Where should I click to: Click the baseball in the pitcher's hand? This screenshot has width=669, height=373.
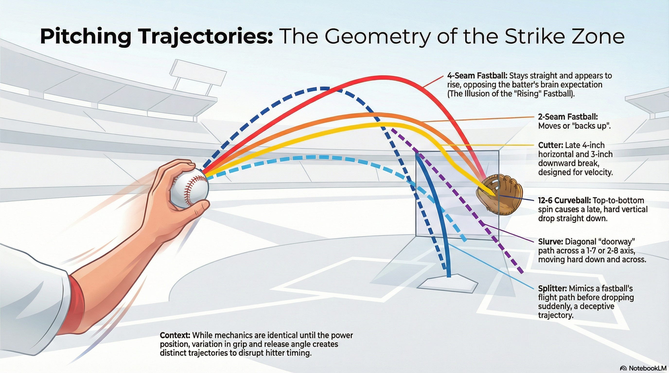(x=189, y=188)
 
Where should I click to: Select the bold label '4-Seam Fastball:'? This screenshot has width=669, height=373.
(x=477, y=76)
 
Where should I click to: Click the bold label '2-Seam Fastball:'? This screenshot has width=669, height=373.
(x=568, y=117)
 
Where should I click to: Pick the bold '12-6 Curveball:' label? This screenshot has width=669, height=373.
(x=564, y=200)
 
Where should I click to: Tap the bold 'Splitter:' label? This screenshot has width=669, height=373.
(x=552, y=288)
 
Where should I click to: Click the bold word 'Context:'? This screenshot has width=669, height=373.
(x=175, y=335)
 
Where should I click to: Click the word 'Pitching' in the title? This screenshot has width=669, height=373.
(x=86, y=37)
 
